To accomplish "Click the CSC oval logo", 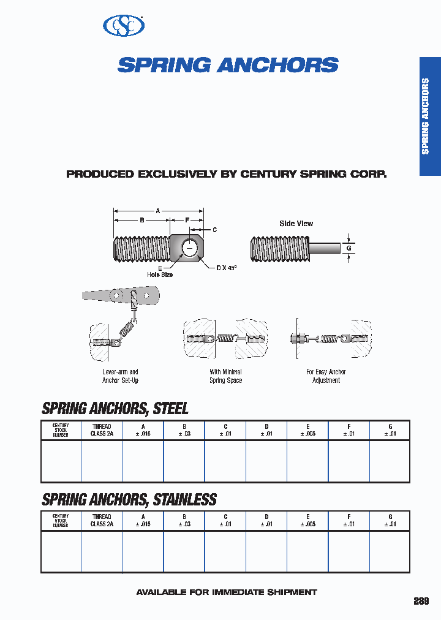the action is point(124,25).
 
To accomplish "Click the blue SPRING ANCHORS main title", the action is point(228,66).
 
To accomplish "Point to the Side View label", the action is point(296,224).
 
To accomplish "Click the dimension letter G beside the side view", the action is point(349,248).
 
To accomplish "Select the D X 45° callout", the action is point(226,268).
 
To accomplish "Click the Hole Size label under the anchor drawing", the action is point(160,274).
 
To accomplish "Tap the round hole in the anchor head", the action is point(190,248).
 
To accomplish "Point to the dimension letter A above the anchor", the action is point(157,211).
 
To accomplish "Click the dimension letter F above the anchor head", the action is point(187,219).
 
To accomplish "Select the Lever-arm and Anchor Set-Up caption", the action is point(120,376).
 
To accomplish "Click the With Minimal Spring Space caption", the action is point(225,376).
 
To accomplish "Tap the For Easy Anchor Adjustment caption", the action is point(326,376).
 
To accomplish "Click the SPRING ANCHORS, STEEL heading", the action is point(115,408).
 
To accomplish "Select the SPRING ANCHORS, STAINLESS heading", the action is point(129,499).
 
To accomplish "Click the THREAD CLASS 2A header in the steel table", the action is point(102,430).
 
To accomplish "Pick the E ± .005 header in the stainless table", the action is point(307,521).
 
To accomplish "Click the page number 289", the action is point(421,601).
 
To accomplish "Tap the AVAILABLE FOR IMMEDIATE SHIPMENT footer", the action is point(226,592).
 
